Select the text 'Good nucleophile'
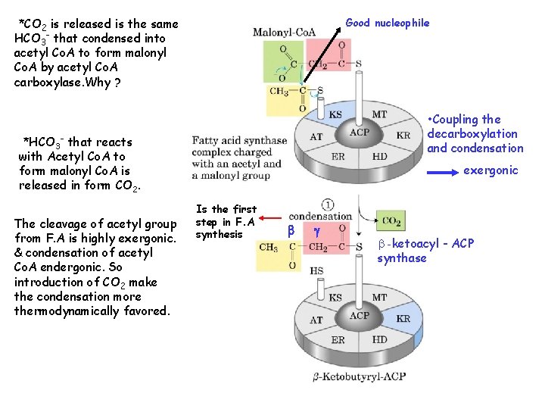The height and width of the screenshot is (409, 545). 387,23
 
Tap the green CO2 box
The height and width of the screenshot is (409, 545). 391,221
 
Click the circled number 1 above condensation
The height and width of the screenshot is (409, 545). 328,204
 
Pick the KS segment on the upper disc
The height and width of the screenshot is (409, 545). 335,115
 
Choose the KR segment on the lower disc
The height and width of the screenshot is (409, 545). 403,318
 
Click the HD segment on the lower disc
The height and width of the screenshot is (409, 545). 379,339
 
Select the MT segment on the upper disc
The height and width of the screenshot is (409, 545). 379,114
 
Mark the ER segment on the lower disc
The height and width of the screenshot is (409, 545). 338,340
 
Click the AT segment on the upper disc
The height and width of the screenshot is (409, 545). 316,137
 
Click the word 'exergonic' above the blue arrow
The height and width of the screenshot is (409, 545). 490,170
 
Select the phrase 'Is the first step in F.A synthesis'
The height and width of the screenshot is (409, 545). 226,221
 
